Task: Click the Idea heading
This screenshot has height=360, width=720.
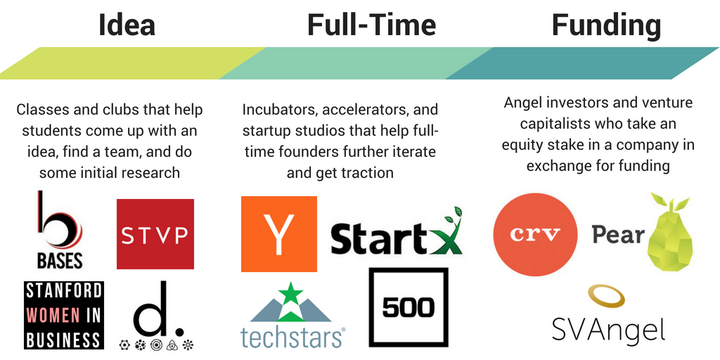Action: tap(127, 25)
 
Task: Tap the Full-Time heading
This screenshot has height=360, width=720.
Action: tap(371, 25)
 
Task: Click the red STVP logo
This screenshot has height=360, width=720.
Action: tap(155, 233)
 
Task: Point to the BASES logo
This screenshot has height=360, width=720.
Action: tap(60, 230)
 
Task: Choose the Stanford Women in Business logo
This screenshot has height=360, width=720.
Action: tap(64, 315)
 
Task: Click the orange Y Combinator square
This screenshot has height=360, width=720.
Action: tap(278, 234)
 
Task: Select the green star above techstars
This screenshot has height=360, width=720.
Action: tap(290, 294)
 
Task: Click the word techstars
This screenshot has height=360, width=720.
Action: tap(290, 337)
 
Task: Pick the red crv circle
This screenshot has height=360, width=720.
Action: tap(535, 234)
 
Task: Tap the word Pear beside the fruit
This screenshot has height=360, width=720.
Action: tap(618, 234)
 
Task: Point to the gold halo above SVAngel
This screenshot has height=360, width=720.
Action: tap(606, 296)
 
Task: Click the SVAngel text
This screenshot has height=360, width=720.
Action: tap(608, 328)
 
